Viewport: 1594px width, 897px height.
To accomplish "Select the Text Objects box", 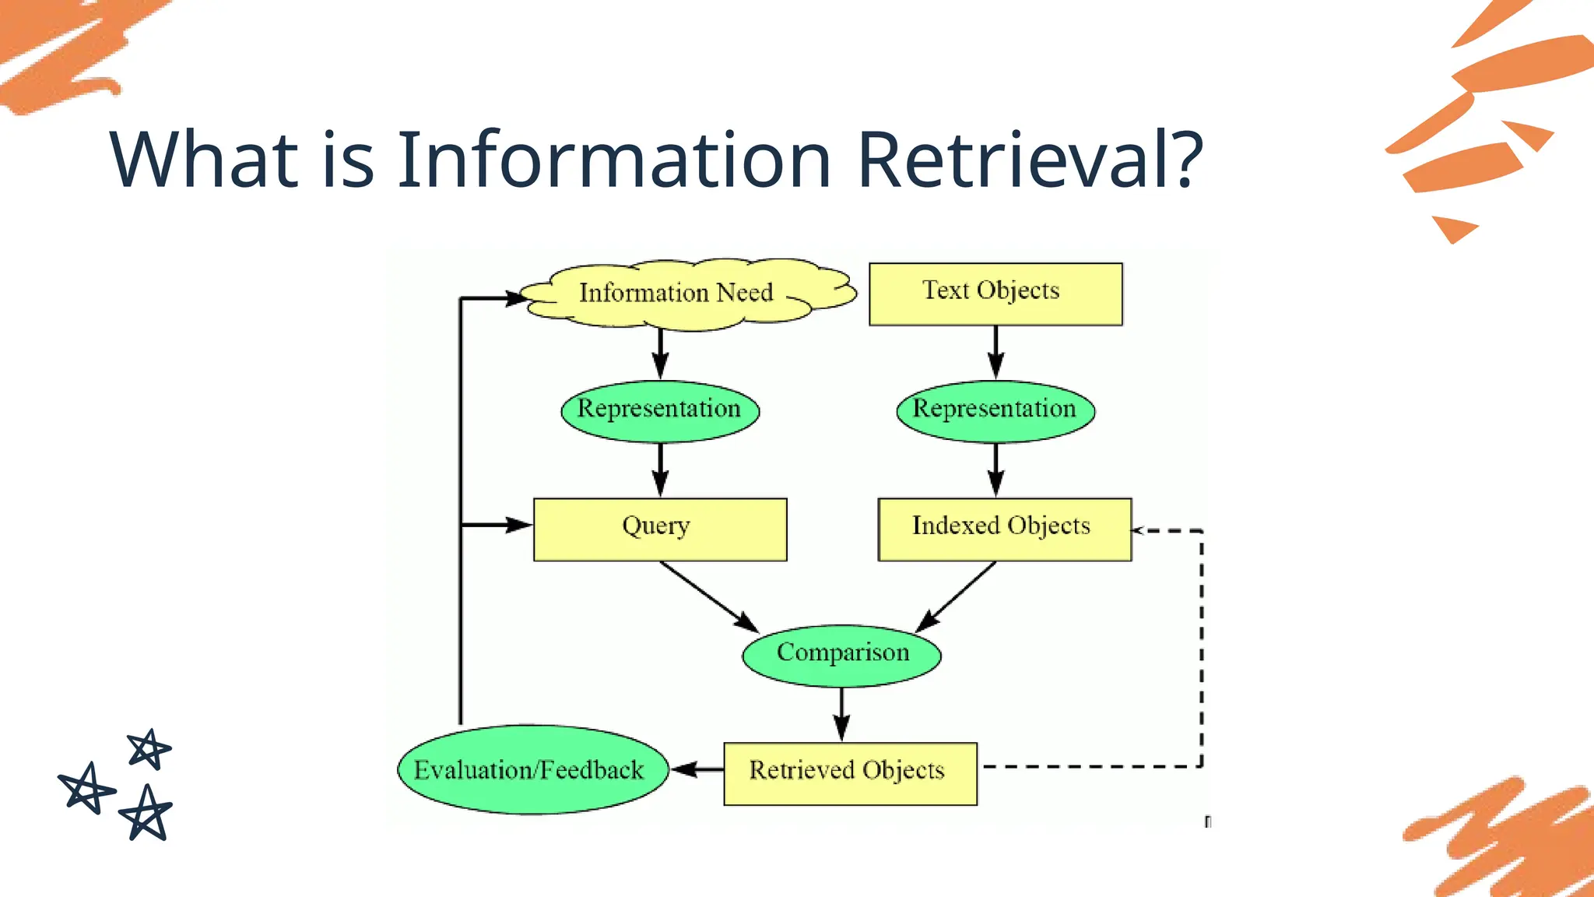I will pos(995,294).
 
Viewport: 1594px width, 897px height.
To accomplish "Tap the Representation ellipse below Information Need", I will pos(660,410).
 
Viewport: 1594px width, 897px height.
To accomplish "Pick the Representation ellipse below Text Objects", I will pos(995,410).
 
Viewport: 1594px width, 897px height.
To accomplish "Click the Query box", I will pos(660,529).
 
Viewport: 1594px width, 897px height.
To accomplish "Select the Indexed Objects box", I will pos(1004,529).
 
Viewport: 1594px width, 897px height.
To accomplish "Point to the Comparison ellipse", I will pos(841,655).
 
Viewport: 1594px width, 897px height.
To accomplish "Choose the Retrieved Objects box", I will pos(850,773).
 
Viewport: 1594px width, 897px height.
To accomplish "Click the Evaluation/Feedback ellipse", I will pos(532,770).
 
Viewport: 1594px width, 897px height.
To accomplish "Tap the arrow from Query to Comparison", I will pos(708,596).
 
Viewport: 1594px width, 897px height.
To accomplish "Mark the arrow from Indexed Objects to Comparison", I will pos(957,596).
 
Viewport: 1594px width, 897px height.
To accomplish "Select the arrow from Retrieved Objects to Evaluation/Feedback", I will pos(697,769).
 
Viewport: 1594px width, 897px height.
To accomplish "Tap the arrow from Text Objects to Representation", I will pos(995,352).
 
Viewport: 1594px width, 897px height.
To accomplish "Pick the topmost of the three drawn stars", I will pos(149,749).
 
